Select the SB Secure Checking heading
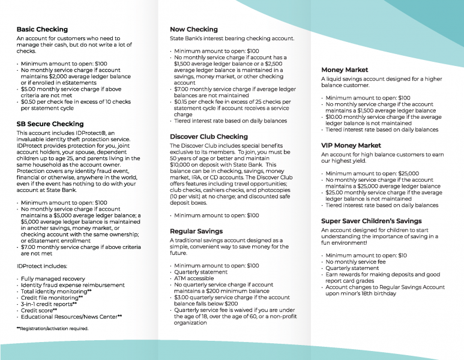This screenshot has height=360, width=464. pos(50,124)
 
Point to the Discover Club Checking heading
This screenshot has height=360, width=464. pos(209,136)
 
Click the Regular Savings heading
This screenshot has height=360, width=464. pos(196,231)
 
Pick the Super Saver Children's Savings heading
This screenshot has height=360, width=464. pos(371,221)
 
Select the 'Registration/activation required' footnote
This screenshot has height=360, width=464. pos(53,328)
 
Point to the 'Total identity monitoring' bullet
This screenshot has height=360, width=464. pos(56,291)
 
